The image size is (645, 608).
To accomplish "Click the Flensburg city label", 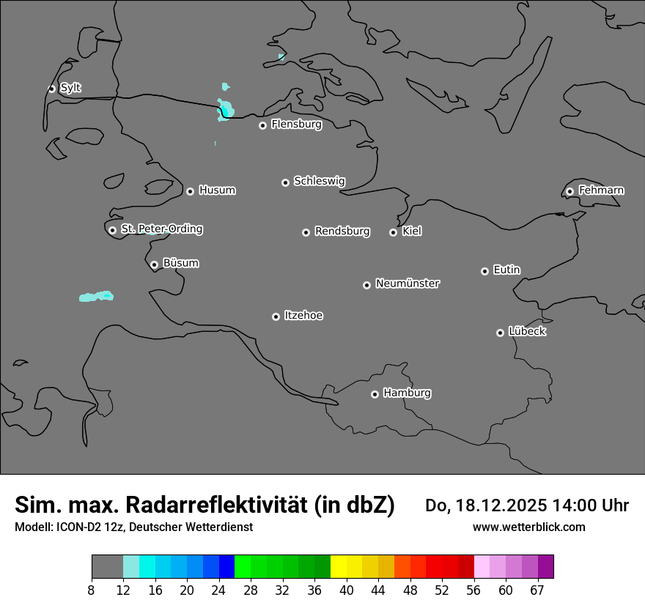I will tap(296, 125).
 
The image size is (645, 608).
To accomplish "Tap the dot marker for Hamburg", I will tap(375, 394).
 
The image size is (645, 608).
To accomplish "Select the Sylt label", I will tap(70, 88).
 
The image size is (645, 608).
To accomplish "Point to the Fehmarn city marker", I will tap(570, 191).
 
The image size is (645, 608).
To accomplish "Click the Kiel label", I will tap(412, 231).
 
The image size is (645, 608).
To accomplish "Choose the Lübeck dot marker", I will tap(500, 333).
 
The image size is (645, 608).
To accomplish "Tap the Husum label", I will tap(217, 190).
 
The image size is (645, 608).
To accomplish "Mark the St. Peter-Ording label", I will tap(161, 229).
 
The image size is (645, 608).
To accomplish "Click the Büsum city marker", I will tap(154, 264).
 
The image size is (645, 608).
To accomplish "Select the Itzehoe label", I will tap(303, 316).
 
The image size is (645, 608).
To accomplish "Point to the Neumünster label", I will tap(408, 283).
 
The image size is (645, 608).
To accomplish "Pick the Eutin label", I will tap(506, 270).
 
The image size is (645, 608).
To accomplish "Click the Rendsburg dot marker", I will tap(306, 232).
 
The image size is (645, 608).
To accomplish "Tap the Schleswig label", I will tap(319, 181).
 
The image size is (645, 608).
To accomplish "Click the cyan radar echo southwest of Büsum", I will tap(96, 297).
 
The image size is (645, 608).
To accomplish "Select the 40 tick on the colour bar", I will tap(346, 590).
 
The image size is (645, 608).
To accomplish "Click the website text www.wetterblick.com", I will tap(528, 527).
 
